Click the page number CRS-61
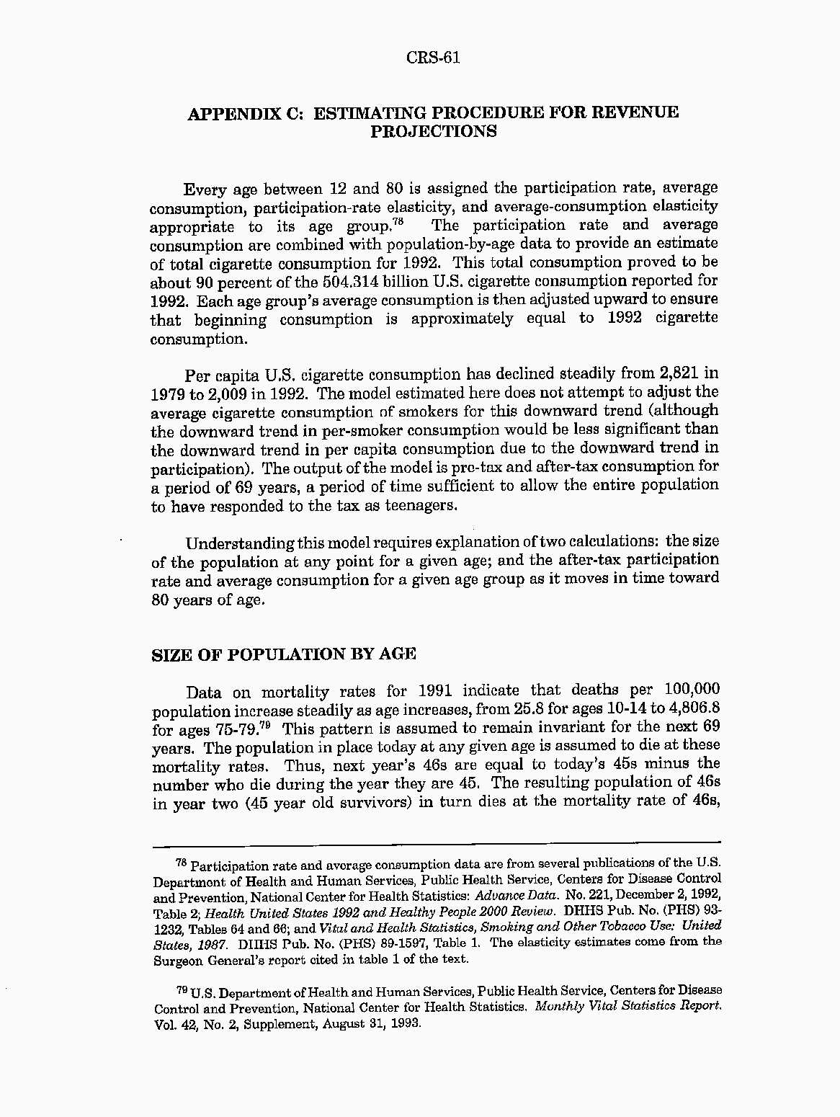pyautogui.click(x=433, y=58)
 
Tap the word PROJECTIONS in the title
pyautogui.click(x=433, y=132)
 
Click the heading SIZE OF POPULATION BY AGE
pyautogui.click(x=284, y=654)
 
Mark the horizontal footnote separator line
pyautogui.click(x=437, y=841)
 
